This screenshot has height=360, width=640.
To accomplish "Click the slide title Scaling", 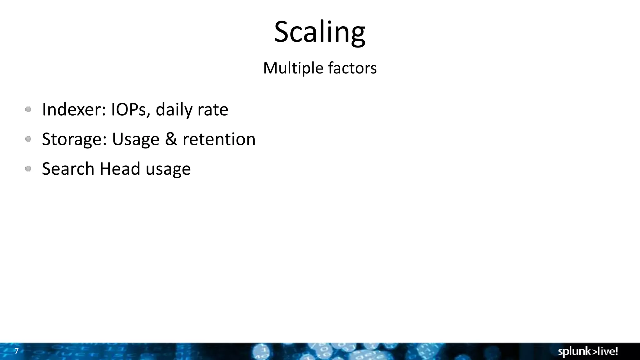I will point(319,32).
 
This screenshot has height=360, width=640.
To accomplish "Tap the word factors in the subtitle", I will point(352,68).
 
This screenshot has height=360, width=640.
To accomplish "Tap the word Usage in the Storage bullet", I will point(136,139).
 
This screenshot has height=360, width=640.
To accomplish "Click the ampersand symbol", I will point(171,139).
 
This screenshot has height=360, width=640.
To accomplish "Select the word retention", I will point(219,139).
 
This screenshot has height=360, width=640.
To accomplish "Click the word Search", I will point(68,169).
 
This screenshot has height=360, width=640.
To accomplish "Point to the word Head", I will point(120,169).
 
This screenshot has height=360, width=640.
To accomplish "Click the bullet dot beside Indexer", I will point(28,109).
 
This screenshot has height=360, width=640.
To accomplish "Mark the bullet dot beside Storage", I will point(28,139).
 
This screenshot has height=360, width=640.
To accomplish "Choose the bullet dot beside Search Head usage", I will point(28,169).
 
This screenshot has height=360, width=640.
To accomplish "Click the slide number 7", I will point(17,351).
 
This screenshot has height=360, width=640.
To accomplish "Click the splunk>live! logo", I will point(588,352).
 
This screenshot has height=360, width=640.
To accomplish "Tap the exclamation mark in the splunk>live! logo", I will point(616,351).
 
